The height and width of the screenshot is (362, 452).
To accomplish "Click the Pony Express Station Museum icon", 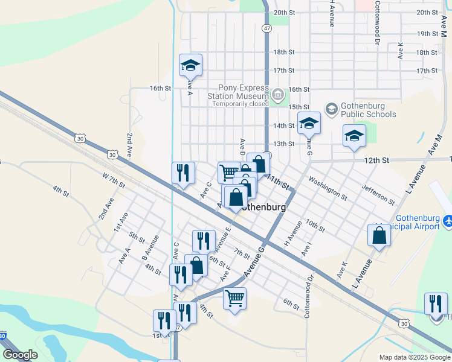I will pyautogui.click(x=277, y=94).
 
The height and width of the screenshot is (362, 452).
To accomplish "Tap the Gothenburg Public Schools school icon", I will pyautogui.click(x=331, y=109).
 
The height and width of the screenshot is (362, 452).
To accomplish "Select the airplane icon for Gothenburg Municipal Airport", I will pyautogui.click(x=448, y=221).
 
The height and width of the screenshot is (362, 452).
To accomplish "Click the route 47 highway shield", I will pyautogui.click(x=267, y=28).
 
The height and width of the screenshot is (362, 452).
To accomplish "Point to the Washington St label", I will pyautogui.click(x=328, y=188).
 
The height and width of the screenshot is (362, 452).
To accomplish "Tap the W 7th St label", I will pyautogui.click(x=114, y=179).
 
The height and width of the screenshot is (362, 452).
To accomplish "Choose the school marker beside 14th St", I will pyautogui.click(x=309, y=123).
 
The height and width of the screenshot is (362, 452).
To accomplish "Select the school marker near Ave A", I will pyautogui.click(x=190, y=65).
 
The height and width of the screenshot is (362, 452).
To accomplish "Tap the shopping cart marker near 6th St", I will pyautogui.click(x=234, y=298).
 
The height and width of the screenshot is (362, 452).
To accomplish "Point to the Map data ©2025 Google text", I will pyautogui.click(x=415, y=357).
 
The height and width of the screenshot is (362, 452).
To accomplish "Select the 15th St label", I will pyautogui.click(x=299, y=107).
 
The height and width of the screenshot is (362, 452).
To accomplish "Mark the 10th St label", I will pyautogui.click(x=315, y=226).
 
